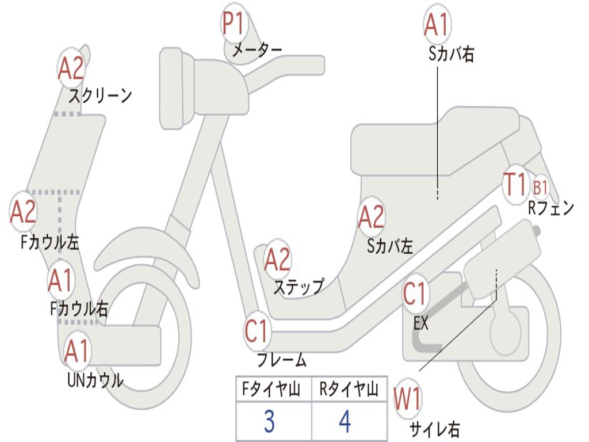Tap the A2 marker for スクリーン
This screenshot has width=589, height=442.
[x=71, y=68]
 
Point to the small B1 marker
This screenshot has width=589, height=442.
[x=540, y=187]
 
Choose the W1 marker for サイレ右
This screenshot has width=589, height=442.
[x=408, y=399]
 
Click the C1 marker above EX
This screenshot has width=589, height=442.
[x=415, y=294]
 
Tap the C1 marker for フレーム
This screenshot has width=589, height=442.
[x=257, y=331]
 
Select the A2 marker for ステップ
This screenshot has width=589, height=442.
[x=277, y=260]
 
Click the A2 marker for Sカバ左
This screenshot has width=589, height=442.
[x=371, y=217]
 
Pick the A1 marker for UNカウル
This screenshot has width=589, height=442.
[x=77, y=351]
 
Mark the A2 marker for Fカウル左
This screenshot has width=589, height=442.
[x=24, y=211]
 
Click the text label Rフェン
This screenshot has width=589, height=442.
[x=550, y=208]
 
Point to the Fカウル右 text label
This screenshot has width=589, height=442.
[x=79, y=309]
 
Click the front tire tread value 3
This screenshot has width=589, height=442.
[x=269, y=422]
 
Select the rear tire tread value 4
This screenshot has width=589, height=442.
[x=345, y=422]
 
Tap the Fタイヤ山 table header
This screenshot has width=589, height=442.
[x=270, y=391]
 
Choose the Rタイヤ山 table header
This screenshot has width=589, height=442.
[x=349, y=391]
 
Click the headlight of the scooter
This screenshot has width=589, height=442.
[x=171, y=87]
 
